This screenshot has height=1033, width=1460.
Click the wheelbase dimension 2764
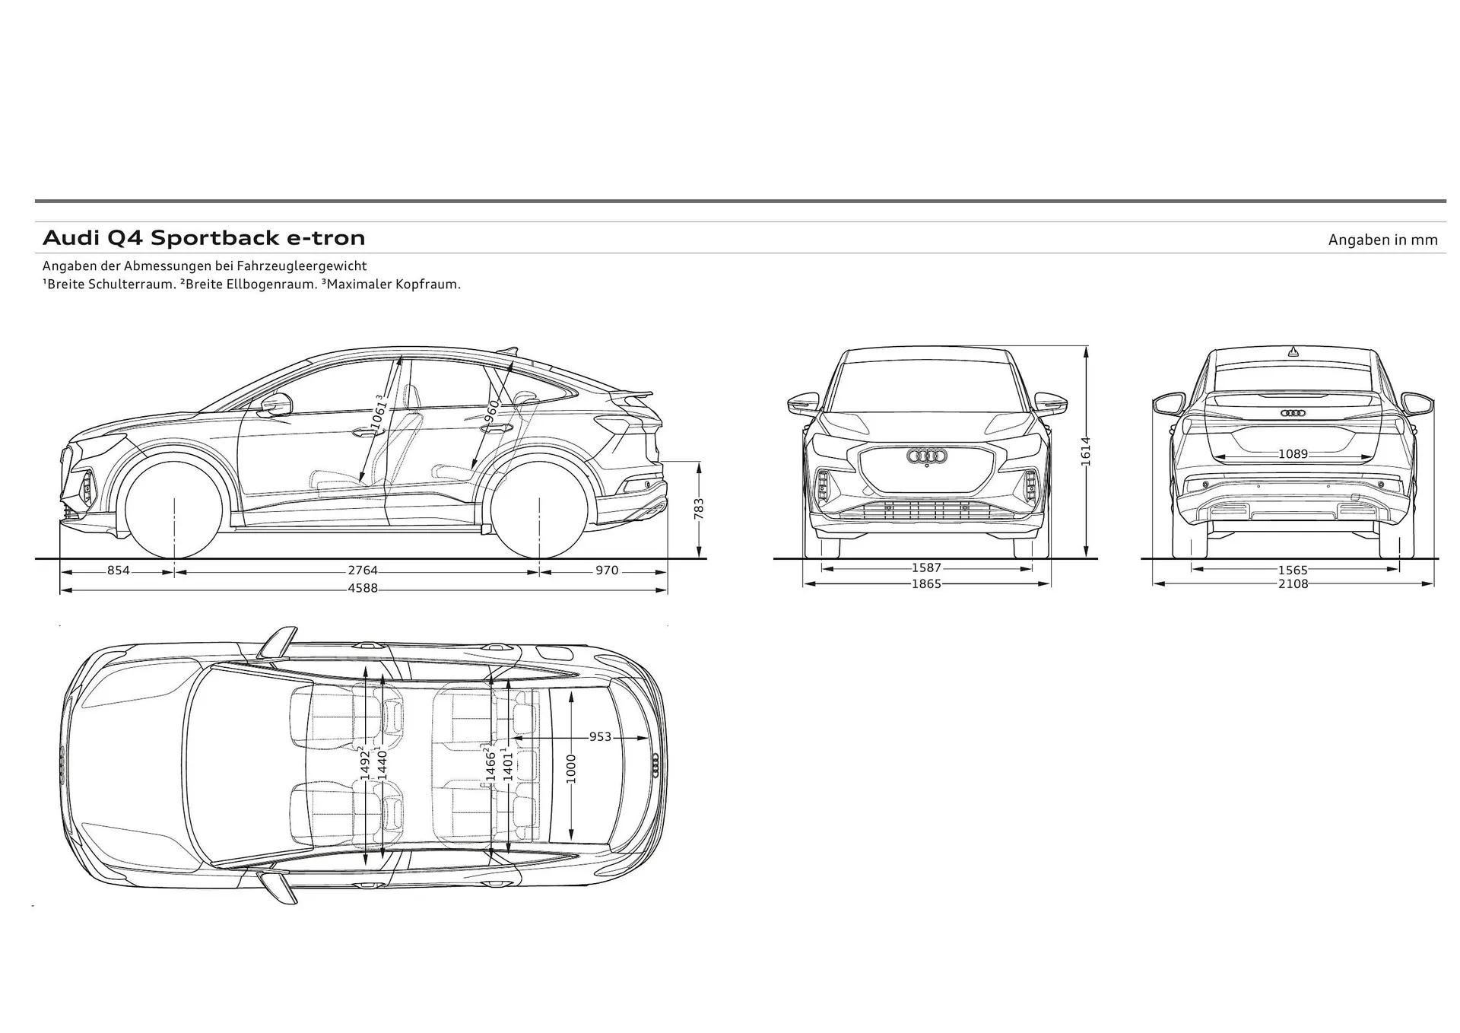(x=363, y=571)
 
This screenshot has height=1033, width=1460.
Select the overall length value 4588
(x=363, y=589)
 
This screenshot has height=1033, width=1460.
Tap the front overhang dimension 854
(x=118, y=571)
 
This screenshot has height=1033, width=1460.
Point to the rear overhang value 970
(x=607, y=571)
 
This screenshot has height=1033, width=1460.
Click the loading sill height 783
(x=699, y=509)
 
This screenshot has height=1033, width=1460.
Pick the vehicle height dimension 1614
(x=1086, y=451)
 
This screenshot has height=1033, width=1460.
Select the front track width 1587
(x=926, y=567)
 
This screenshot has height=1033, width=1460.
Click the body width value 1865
(x=926, y=584)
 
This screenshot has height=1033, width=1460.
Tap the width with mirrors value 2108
(x=1293, y=584)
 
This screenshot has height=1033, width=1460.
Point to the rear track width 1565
(x=1293, y=570)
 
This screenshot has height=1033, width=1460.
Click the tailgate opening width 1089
(x=1293, y=454)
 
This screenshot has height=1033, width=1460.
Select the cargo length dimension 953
(x=600, y=736)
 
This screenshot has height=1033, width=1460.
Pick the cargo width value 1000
(x=571, y=768)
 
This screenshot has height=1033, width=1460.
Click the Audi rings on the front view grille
(x=926, y=456)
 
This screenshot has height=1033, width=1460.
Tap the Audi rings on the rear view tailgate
(x=1293, y=413)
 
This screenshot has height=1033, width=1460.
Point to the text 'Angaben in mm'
(x=1382, y=240)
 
